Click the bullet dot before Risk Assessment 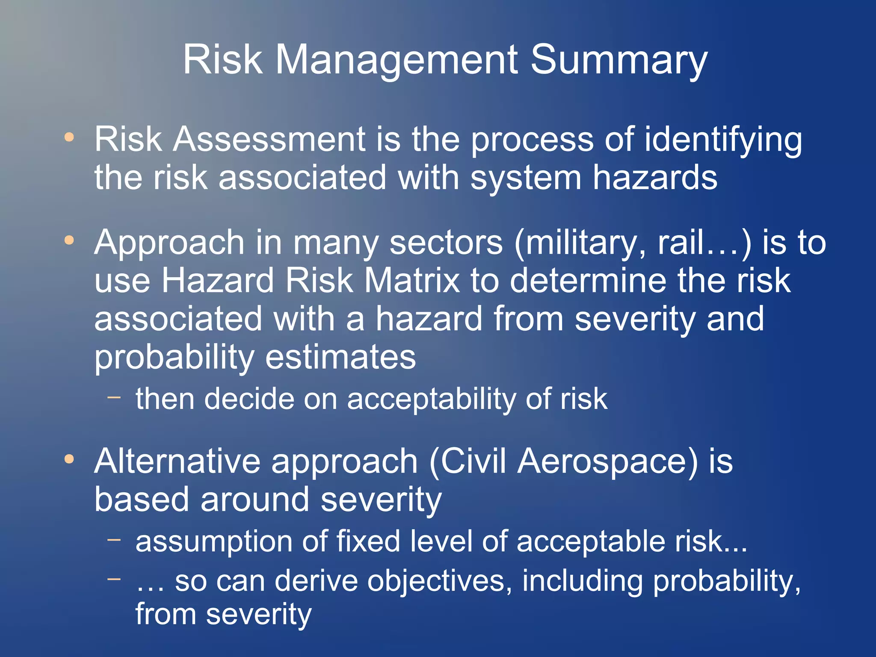tap(69, 138)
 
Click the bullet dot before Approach tap(69, 240)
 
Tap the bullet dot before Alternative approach tap(69, 459)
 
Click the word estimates tap(340, 357)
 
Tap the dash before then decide tap(114, 397)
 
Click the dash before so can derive tap(114, 579)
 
